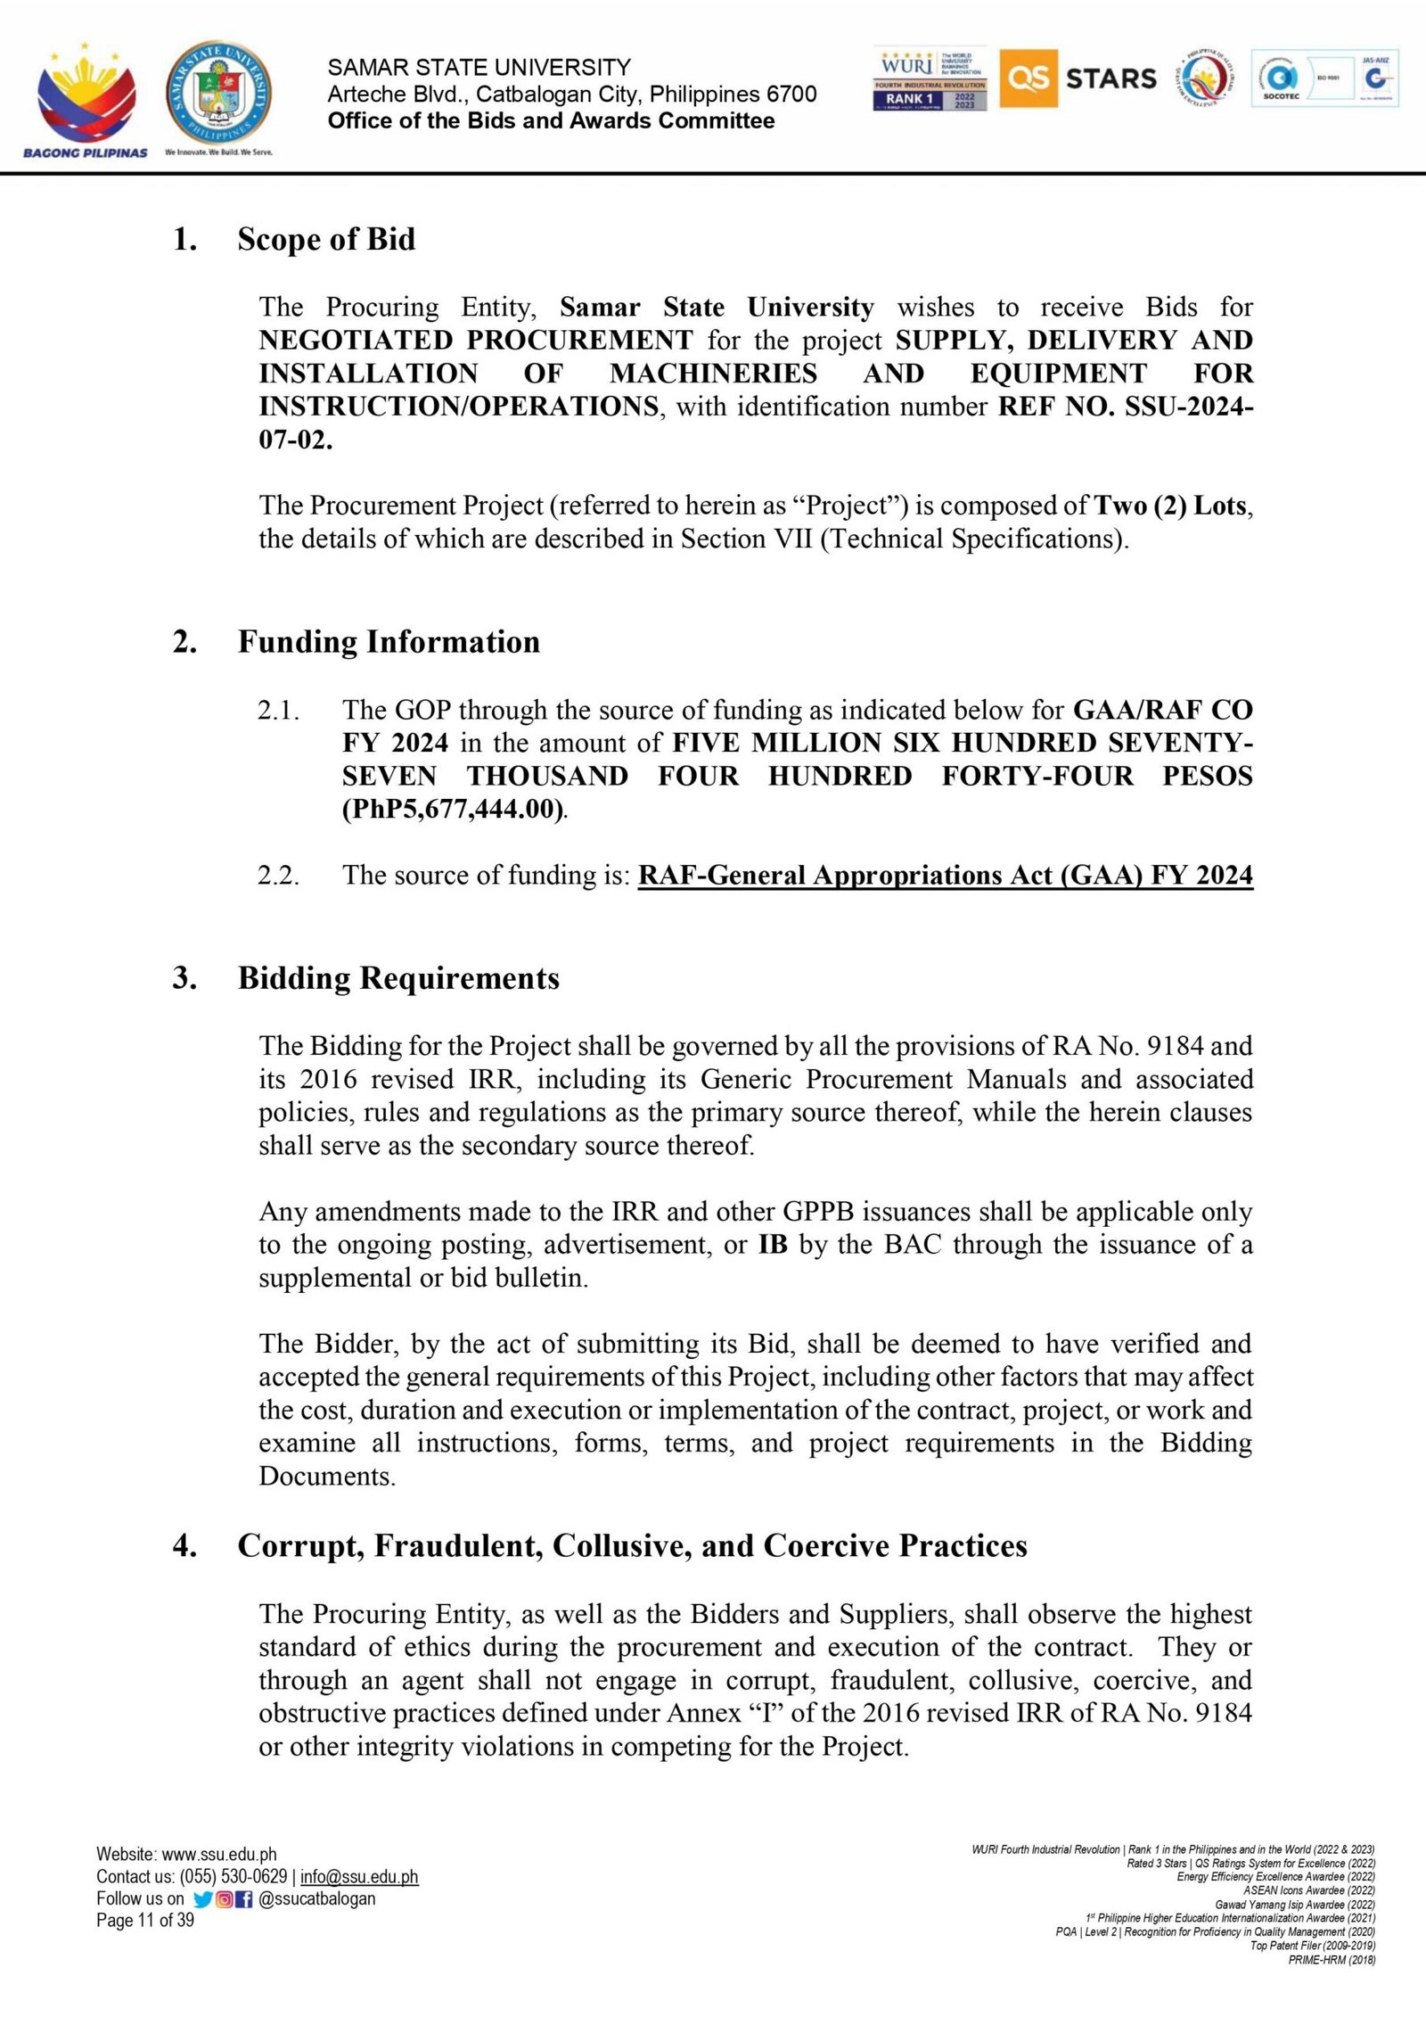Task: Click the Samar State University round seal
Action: pyautogui.click(x=218, y=95)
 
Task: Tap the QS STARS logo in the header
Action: pyautogui.click(x=1078, y=78)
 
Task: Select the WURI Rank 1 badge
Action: pyautogui.click(x=930, y=78)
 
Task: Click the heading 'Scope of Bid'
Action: pyautogui.click(x=326, y=239)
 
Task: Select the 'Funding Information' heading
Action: pyautogui.click(x=389, y=642)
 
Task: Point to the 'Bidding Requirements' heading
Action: pyautogui.click(x=398, y=978)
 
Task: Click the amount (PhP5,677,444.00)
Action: pyautogui.click(x=453, y=810)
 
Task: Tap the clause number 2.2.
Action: pyautogui.click(x=278, y=876)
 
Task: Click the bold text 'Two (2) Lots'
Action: pyautogui.click(x=1171, y=506)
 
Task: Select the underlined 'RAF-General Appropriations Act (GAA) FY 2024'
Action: pyautogui.click(x=945, y=876)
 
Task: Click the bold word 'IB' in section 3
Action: pyautogui.click(x=773, y=1245)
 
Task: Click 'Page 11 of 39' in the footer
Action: pyautogui.click(x=145, y=1920)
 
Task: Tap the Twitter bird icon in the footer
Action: pyautogui.click(x=202, y=1899)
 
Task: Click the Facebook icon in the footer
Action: pyautogui.click(x=244, y=1899)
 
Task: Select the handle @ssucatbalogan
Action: pyautogui.click(x=316, y=1898)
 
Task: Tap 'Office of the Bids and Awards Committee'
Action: pyautogui.click(x=551, y=121)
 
